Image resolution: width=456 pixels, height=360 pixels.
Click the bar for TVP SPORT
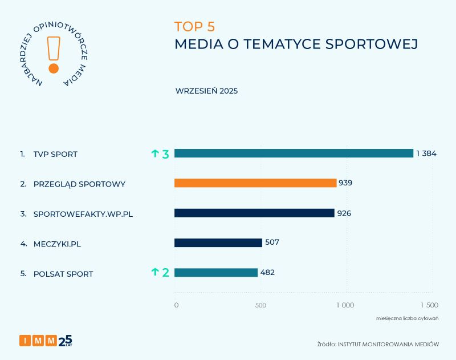(294, 153)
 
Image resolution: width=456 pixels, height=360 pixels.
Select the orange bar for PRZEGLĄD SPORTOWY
(255, 183)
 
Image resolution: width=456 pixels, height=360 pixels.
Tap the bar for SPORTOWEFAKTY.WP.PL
(254, 213)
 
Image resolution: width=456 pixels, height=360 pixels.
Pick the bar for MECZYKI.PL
(218, 242)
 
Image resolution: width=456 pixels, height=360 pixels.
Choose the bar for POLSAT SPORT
(216, 273)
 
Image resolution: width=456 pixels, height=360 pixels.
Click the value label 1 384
(426, 153)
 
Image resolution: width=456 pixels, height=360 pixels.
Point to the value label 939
(345, 183)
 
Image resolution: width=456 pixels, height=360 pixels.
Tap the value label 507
(272, 242)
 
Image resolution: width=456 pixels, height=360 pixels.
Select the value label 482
(267, 273)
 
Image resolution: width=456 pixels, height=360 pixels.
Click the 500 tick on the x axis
(260, 305)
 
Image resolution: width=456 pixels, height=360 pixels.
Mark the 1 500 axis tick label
(429, 305)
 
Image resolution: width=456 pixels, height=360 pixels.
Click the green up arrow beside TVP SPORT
(154, 153)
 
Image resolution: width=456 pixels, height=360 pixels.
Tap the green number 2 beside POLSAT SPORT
(166, 273)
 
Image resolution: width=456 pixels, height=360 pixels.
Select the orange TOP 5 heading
(194, 27)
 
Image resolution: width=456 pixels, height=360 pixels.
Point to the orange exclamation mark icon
(54, 55)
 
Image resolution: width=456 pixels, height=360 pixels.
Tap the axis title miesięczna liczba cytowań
(406, 318)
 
